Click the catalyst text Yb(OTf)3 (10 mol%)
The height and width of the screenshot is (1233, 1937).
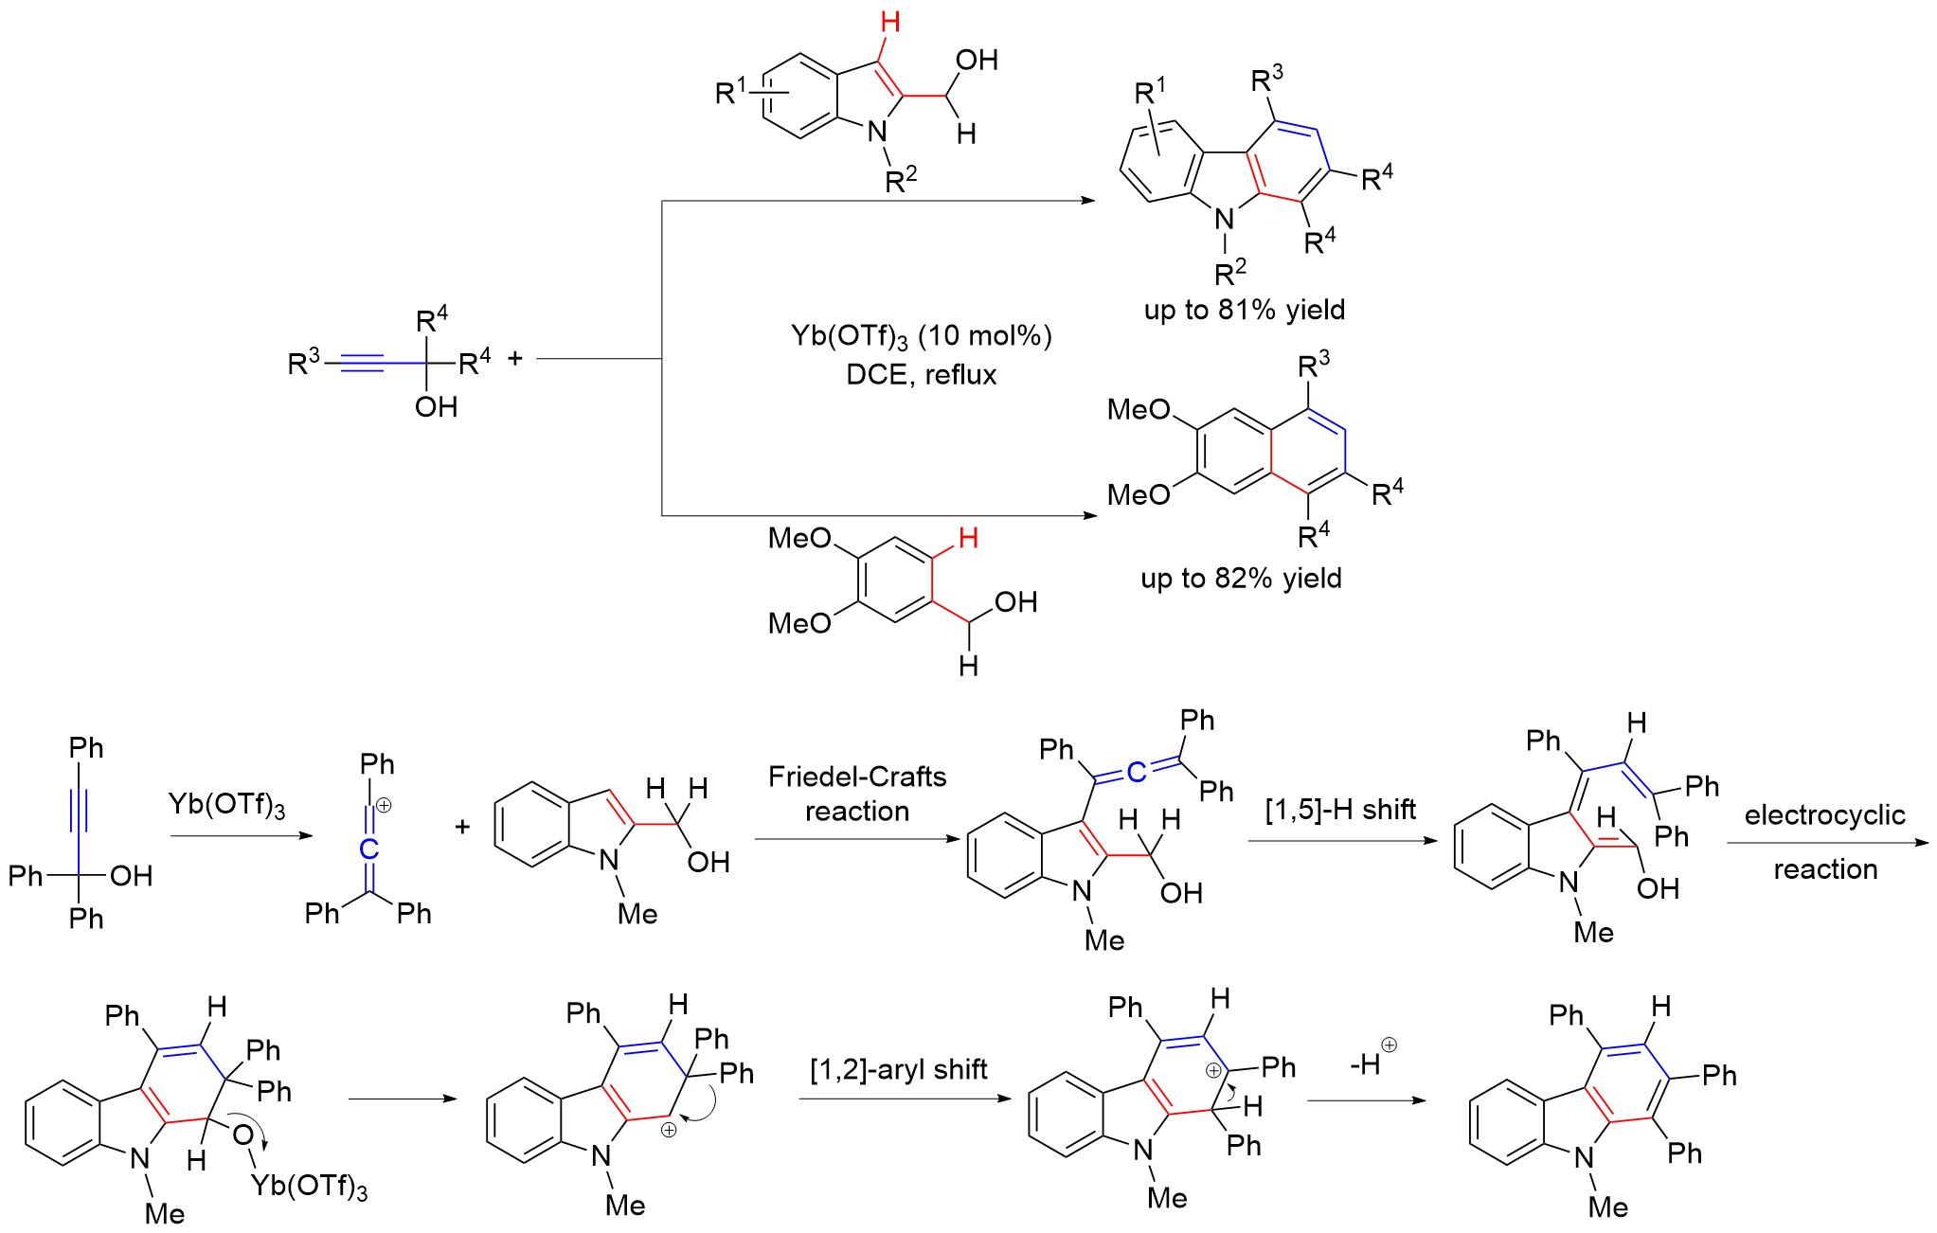click(921, 336)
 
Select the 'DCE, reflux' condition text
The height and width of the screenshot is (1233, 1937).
click(921, 375)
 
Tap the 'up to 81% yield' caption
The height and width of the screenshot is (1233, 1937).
click(1244, 310)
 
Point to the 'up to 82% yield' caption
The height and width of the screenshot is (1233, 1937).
click(1241, 578)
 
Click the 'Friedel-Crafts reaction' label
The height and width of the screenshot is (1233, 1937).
click(857, 794)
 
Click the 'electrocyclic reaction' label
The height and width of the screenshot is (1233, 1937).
click(1824, 841)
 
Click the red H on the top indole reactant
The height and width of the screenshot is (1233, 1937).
click(889, 23)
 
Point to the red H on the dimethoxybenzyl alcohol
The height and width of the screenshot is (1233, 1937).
click(967, 539)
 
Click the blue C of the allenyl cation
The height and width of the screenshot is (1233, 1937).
click(369, 849)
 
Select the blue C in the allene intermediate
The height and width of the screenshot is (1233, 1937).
click(1137, 773)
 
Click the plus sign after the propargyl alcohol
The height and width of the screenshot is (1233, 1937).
click(515, 358)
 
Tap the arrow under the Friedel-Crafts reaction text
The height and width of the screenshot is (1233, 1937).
click(857, 839)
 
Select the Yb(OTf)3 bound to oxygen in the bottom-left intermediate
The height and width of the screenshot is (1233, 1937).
click(309, 1186)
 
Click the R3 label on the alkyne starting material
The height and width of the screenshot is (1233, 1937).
click(303, 362)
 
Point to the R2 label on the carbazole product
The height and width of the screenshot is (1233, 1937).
click(1229, 273)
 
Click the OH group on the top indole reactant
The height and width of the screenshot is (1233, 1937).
click(977, 61)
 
